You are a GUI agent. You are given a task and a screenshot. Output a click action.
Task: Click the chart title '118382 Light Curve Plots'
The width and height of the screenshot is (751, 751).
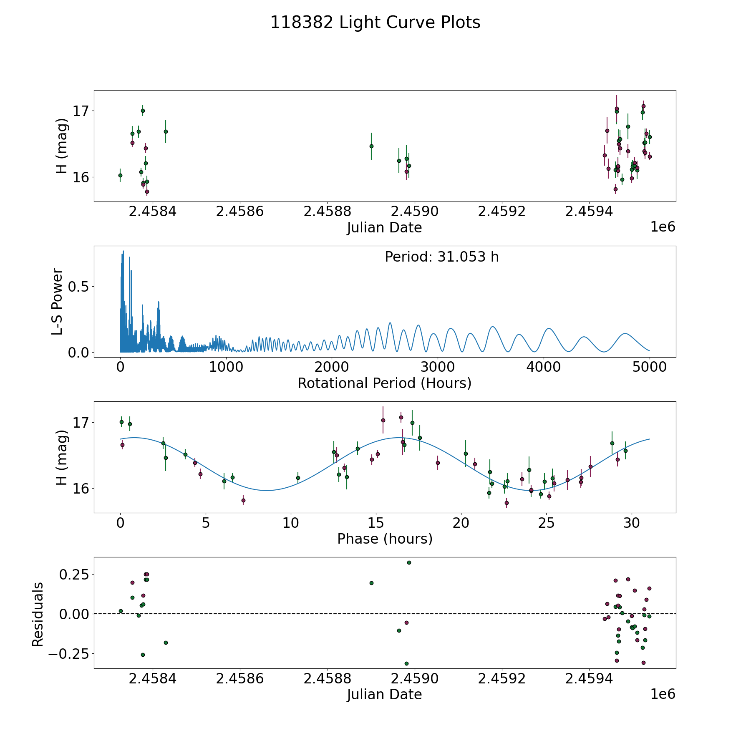click(375, 23)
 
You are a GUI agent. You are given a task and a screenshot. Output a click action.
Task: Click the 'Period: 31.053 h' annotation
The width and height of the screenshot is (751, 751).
click(441, 257)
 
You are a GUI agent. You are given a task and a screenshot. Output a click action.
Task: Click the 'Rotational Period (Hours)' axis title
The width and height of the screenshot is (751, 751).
click(384, 383)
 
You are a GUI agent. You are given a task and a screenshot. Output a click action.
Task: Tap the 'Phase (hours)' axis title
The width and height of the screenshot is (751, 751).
click(384, 539)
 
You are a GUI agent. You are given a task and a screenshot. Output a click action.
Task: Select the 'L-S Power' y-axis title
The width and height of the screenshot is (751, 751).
click(58, 301)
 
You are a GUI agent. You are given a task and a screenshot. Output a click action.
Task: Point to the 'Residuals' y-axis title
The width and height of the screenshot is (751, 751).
click(38, 615)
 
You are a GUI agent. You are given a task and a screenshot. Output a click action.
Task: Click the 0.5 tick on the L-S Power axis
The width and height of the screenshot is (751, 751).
click(79, 287)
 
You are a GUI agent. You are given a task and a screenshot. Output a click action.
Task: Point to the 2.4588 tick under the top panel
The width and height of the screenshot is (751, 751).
click(327, 212)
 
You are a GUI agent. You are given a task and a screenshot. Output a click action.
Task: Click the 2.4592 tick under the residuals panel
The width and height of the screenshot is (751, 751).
click(502, 679)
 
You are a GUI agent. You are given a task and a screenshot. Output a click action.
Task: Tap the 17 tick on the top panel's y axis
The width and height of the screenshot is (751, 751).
click(81, 111)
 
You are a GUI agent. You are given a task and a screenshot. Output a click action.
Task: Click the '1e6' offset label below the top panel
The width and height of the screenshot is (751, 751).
click(663, 227)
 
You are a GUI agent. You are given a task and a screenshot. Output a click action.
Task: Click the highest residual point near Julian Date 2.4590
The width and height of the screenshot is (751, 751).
click(409, 562)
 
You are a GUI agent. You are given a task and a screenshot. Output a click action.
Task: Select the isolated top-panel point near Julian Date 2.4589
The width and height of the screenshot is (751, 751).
click(371, 146)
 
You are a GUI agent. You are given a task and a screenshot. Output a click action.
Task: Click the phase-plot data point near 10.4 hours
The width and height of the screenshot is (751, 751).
click(298, 478)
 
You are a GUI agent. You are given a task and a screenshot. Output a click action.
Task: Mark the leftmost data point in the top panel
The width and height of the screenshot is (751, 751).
click(120, 175)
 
